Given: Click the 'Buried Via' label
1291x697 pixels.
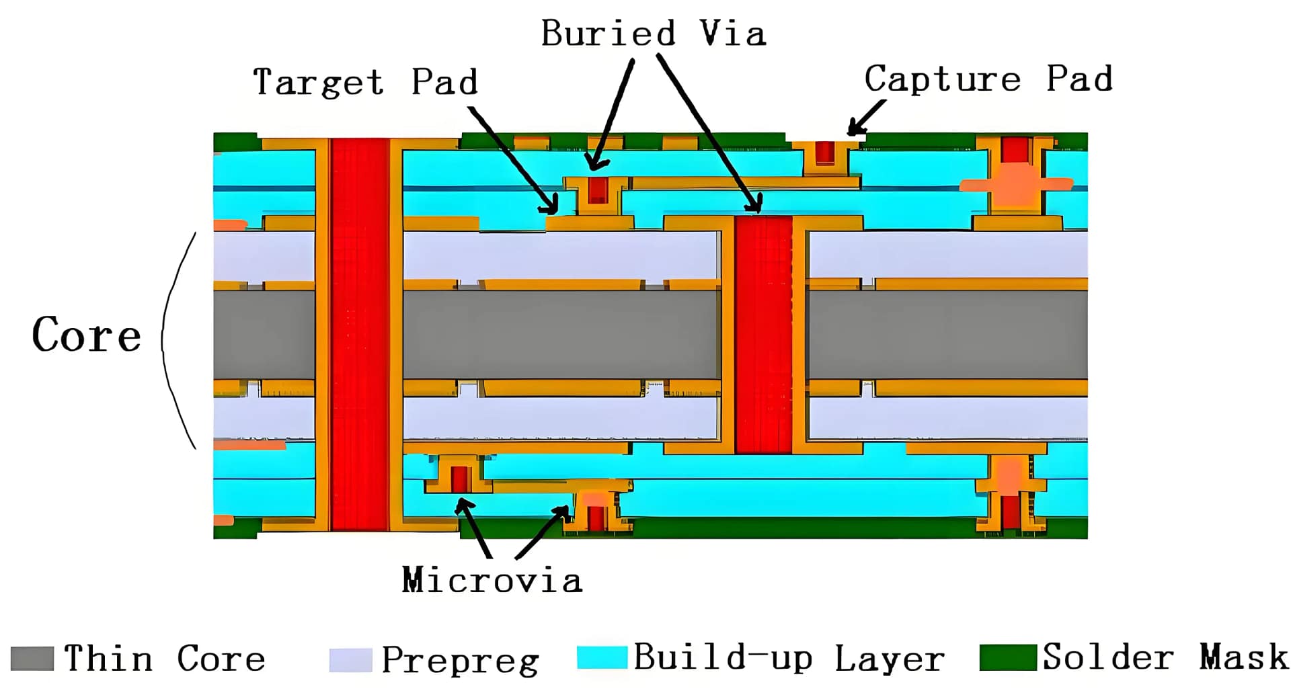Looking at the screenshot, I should [653, 33].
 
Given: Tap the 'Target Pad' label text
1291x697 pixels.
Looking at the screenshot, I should [365, 82].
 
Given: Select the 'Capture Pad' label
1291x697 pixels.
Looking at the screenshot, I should [988, 79].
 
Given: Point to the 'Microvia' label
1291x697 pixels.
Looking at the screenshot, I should [492, 580].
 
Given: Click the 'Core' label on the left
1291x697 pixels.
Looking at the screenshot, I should [87, 335].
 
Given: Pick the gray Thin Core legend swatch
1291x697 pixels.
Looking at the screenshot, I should [32, 659].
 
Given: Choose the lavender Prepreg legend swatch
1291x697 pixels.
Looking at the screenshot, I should [350, 660].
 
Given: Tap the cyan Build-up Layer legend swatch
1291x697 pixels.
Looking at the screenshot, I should [602, 657].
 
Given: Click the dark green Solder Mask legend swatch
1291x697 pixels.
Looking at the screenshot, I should [1007, 657].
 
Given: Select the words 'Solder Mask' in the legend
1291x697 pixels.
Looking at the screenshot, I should [1165, 657].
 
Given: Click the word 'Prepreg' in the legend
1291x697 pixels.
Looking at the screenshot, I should [460, 660].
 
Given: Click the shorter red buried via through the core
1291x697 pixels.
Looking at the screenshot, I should [764, 334].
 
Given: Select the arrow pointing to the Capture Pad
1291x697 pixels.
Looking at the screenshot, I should [867, 118].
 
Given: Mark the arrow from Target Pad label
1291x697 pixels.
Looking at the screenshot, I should [514, 161].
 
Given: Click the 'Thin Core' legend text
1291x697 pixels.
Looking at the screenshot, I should [164, 659].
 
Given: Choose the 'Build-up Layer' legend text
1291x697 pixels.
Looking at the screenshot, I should [789, 658].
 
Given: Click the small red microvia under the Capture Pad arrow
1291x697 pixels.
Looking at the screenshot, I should [825, 153].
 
